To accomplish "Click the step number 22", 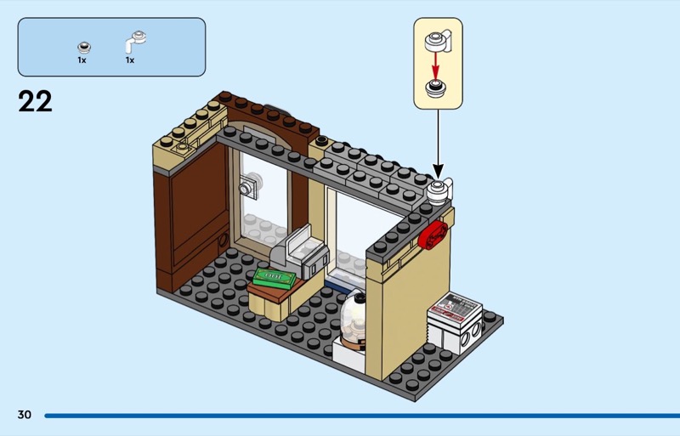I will (x=35, y=102).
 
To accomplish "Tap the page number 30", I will (x=24, y=415).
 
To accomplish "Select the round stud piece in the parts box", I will (x=83, y=44).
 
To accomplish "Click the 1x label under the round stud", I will (x=82, y=61).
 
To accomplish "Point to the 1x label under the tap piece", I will (x=131, y=61).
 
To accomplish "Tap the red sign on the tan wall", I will (x=433, y=233).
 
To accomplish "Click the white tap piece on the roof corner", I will (x=440, y=191).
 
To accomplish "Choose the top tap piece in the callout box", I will (x=439, y=39).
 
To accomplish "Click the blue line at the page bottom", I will (x=357, y=416).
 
